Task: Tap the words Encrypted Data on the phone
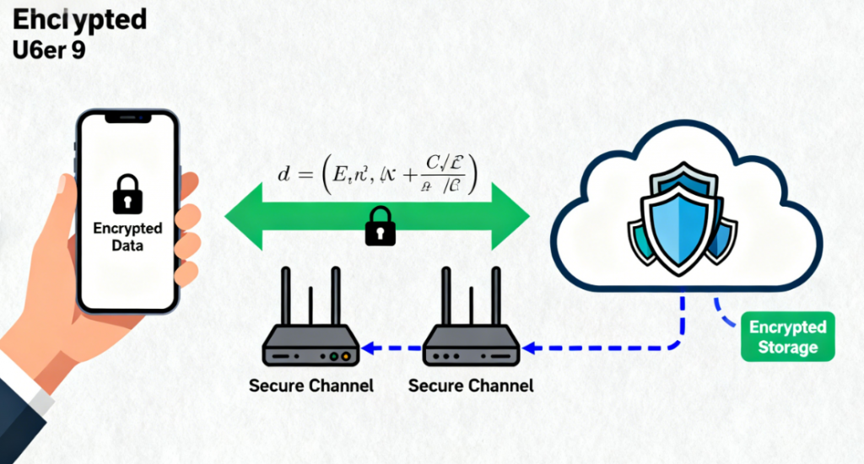click(x=127, y=237)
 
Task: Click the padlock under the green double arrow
click(x=379, y=226)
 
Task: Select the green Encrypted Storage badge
click(x=787, y=337)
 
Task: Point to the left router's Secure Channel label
click(x=311, y=386)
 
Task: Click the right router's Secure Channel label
click(x=471, y=386)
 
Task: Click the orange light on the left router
click(x=333, y=357)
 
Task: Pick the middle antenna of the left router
click(x=310, y=305)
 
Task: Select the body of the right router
click(x=471, y=348)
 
